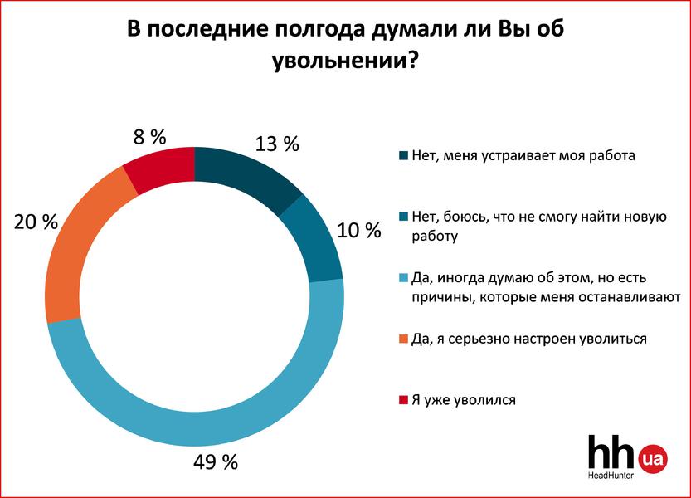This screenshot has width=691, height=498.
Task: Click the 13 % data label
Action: [x=278, y=144]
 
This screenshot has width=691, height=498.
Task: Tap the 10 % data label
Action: [x=360, y=230]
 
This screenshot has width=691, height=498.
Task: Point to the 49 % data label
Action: [x=218, y=461]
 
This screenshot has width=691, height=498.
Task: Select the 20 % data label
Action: [x=36, y=222]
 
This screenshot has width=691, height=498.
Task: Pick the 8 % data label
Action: [x=152, y=136]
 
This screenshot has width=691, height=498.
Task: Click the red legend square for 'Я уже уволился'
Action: [x=404, y=400]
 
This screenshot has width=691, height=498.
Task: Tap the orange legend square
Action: [x=404, y=339]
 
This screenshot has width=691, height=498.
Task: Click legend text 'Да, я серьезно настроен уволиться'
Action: [x=529, y=339]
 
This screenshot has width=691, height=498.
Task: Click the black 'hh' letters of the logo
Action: [x=612, y=455]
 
